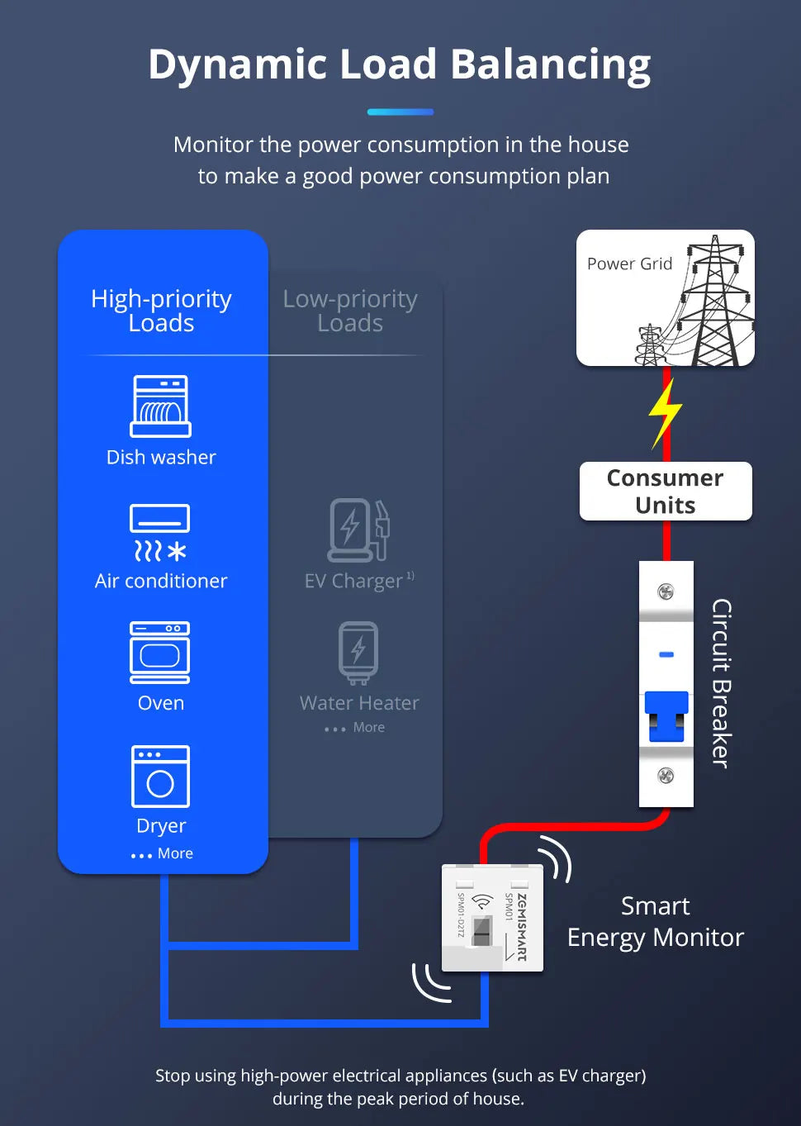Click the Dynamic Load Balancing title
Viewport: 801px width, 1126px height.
400,64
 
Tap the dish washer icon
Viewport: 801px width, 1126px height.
160,406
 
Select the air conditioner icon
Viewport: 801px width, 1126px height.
160,533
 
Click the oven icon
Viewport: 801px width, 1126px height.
160,653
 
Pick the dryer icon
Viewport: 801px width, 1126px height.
160,777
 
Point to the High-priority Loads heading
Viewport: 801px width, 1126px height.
161,311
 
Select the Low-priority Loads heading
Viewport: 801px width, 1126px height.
350,311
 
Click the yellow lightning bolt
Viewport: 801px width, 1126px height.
665,411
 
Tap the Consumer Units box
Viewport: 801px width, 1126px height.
666,492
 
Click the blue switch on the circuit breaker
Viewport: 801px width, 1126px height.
666,716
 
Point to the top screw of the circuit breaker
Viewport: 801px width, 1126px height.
666,592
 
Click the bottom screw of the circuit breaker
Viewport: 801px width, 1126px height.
666,776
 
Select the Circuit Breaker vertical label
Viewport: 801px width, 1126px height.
721,683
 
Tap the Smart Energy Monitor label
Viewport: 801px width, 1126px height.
656,922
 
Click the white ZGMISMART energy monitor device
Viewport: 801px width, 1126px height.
492,918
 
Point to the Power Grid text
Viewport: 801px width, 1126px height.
629,264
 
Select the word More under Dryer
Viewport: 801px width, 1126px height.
175,853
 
